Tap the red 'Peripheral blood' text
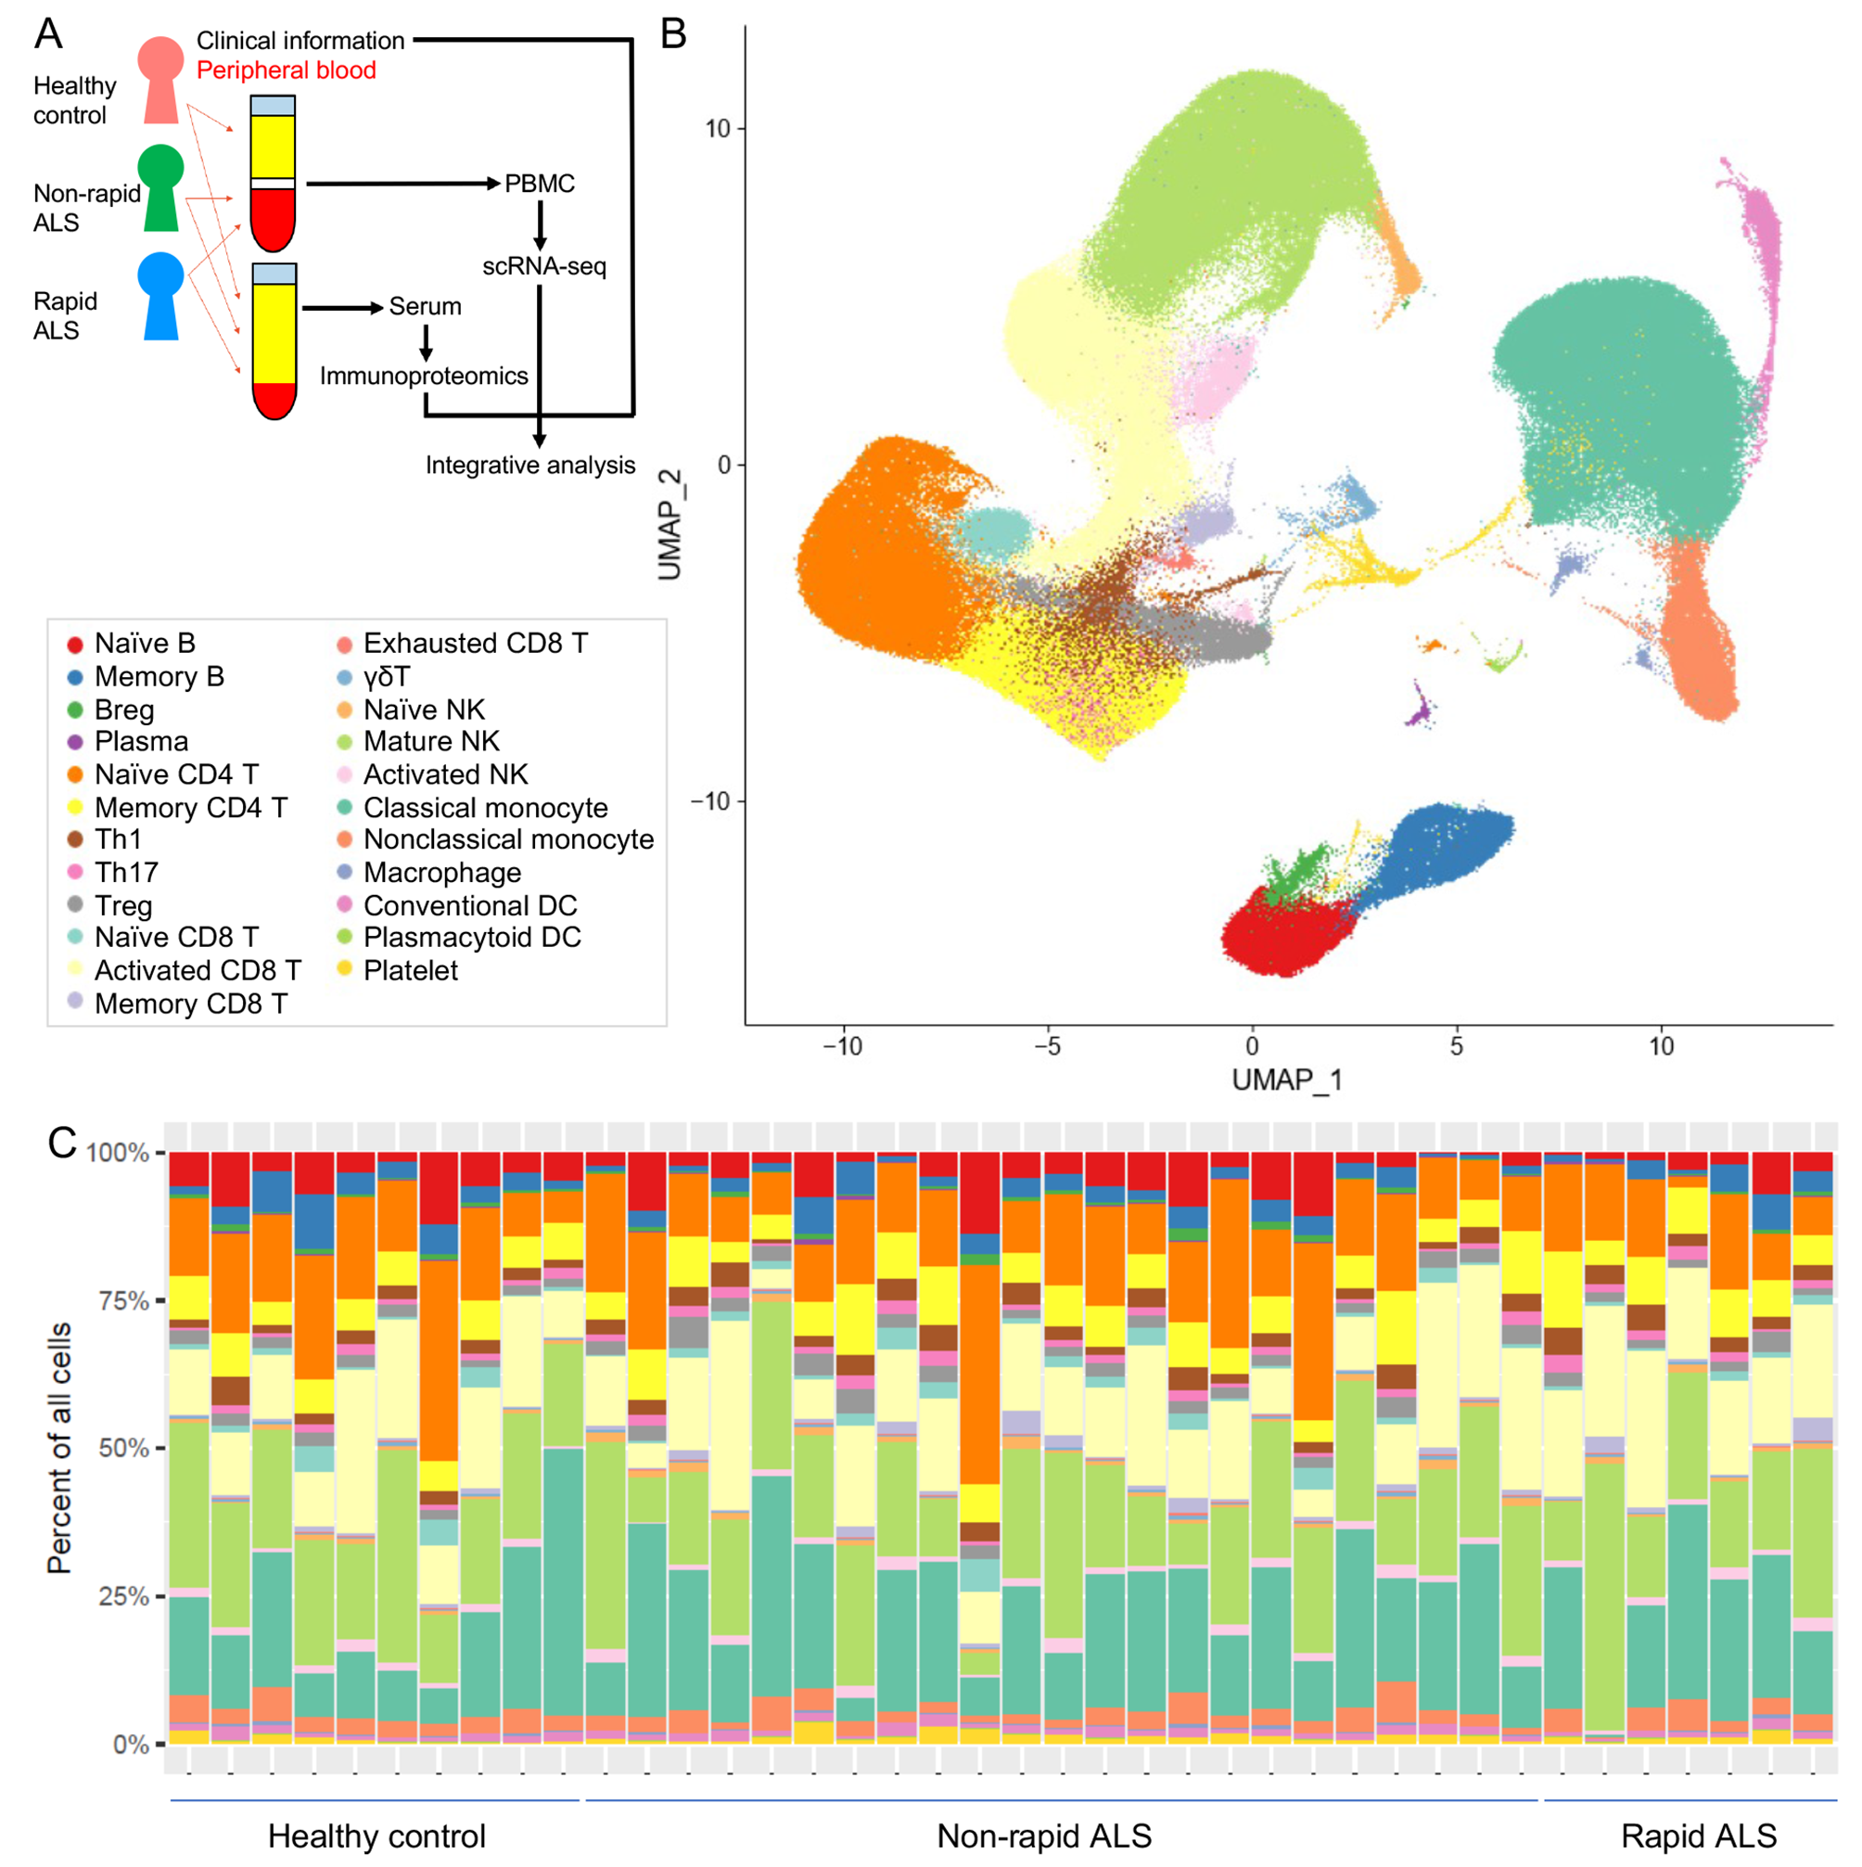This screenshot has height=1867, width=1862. click(x=286, y=70)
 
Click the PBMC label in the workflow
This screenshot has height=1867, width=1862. click(x=539, y=184)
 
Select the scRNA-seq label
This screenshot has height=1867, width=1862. click(x=544, y=267)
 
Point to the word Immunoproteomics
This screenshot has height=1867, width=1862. click(x=423, y=376)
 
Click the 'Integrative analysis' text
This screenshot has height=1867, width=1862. click(x=530, y=466)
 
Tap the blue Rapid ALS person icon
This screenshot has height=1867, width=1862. click(x=161, y=294)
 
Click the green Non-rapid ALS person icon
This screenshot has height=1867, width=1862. click(x=161, y=186)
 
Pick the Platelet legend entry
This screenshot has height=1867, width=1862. click(x=410, y=970)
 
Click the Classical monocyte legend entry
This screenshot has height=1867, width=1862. click(x=485, y=808)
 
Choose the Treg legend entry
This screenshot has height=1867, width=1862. click(x=122, y=905)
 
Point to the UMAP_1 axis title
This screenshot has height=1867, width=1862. click(x=1287, y=1081)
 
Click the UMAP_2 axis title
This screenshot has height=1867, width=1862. click(x=670, y=525)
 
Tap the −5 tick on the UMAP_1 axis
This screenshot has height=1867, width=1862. click(x=1048, y=1045)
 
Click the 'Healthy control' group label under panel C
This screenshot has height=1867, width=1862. click(x=376, y=1836)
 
